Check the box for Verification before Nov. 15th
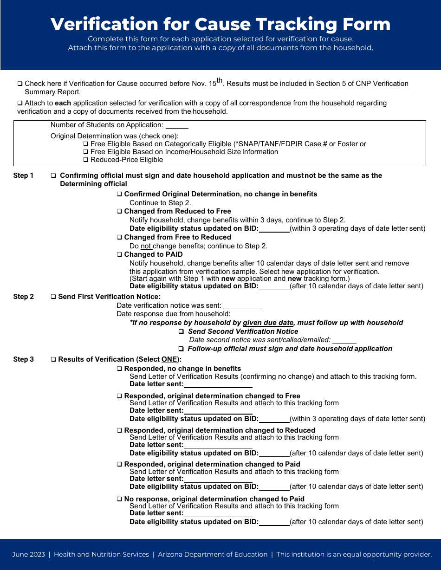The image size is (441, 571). tap(20, 84)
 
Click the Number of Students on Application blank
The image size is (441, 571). tap(177, 125)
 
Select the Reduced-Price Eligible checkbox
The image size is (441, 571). tap(86, 160)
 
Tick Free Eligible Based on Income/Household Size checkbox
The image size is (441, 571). tap(86, 152)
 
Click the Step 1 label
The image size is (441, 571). tap(23, 175)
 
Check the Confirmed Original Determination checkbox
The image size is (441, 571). tap(119, 195)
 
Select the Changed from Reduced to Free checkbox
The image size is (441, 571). tap(119, 212)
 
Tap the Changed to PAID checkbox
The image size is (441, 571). tap(119, 255)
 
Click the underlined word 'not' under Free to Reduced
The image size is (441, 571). tap(146, 246)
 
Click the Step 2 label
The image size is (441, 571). tap(23, 297)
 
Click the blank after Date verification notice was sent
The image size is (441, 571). tap(242, 306)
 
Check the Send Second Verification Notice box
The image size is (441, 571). tap(182, 332)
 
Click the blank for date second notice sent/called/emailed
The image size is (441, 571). tap(344, 341)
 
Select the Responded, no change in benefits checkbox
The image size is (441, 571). tap(119, 369)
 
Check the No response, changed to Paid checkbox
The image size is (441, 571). tap(119, 500)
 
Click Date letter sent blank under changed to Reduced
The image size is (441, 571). tap(218, 445)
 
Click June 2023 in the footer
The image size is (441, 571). tap(28, 554)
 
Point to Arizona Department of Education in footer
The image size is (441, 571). tap(213, 554)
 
